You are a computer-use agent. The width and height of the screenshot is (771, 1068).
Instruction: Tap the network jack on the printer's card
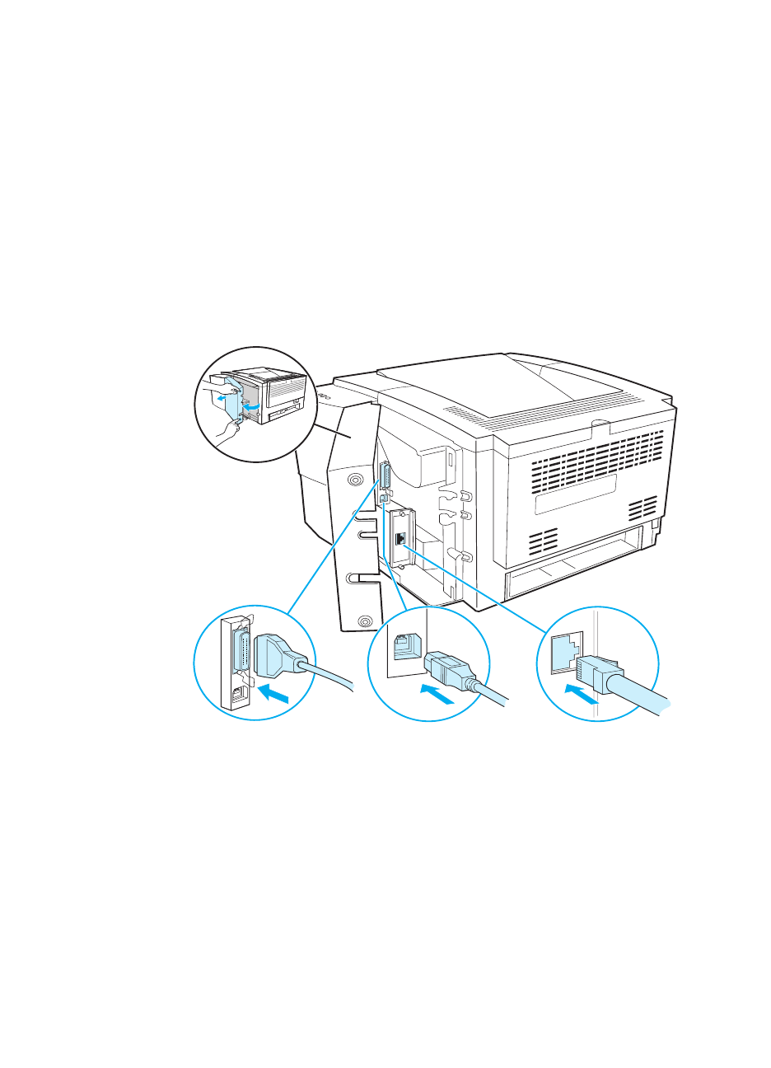coord(400,538)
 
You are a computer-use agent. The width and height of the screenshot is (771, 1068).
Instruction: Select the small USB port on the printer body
coord(384,499)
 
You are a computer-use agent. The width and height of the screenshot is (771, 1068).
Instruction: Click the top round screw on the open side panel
coord(355,479)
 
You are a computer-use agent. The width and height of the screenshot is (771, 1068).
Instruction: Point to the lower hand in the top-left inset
coord(227,429)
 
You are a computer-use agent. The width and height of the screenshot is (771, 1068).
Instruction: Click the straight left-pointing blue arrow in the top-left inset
coord(221,397)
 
